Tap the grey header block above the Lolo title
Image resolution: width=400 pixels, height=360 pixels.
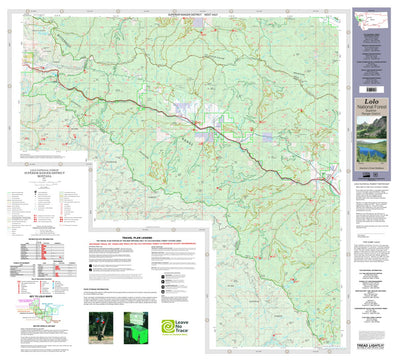pyautogui.click(x=371, y=60)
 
